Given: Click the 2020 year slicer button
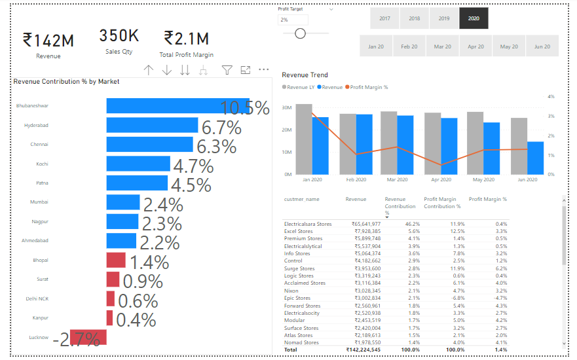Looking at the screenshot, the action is coord(474,18).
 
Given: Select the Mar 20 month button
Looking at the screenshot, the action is coord(442,46).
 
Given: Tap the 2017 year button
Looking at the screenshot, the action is coord(384,18).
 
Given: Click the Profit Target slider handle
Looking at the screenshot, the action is coord(300,33).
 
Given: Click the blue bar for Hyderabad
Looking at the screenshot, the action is coord(153,125).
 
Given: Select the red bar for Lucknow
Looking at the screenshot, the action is coord(88,337).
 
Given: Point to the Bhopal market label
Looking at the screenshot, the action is coord(41,260).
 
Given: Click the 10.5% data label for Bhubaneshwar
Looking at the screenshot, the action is coord(245,108).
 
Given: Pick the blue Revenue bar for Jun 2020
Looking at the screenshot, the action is coord(536,158).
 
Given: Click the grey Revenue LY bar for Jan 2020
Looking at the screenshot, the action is coord(304,139).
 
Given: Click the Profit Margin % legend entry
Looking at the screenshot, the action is coord(367,87).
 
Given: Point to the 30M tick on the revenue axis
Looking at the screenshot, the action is coord(287,107).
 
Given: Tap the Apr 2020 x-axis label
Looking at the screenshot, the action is coord(441,179).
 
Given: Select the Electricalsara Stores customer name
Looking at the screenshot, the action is coord(308,224).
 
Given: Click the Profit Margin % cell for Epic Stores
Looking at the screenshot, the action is coord(500,298).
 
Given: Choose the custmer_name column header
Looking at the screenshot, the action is coord(302,199).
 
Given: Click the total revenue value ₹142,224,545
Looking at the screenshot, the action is coord(363,350).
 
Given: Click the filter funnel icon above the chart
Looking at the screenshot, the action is coord(227,70).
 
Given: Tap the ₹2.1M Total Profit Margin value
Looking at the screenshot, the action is coord(187,39).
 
